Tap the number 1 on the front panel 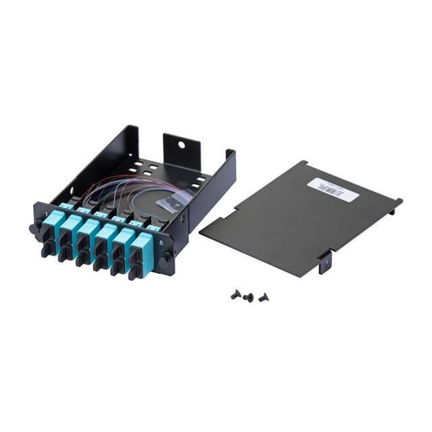click(45, 215)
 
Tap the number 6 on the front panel click(159, 234)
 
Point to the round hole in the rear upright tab click(182, 144)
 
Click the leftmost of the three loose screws click(236, 294)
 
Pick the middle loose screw click(248, 297)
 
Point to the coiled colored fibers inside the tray click(122, 192)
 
